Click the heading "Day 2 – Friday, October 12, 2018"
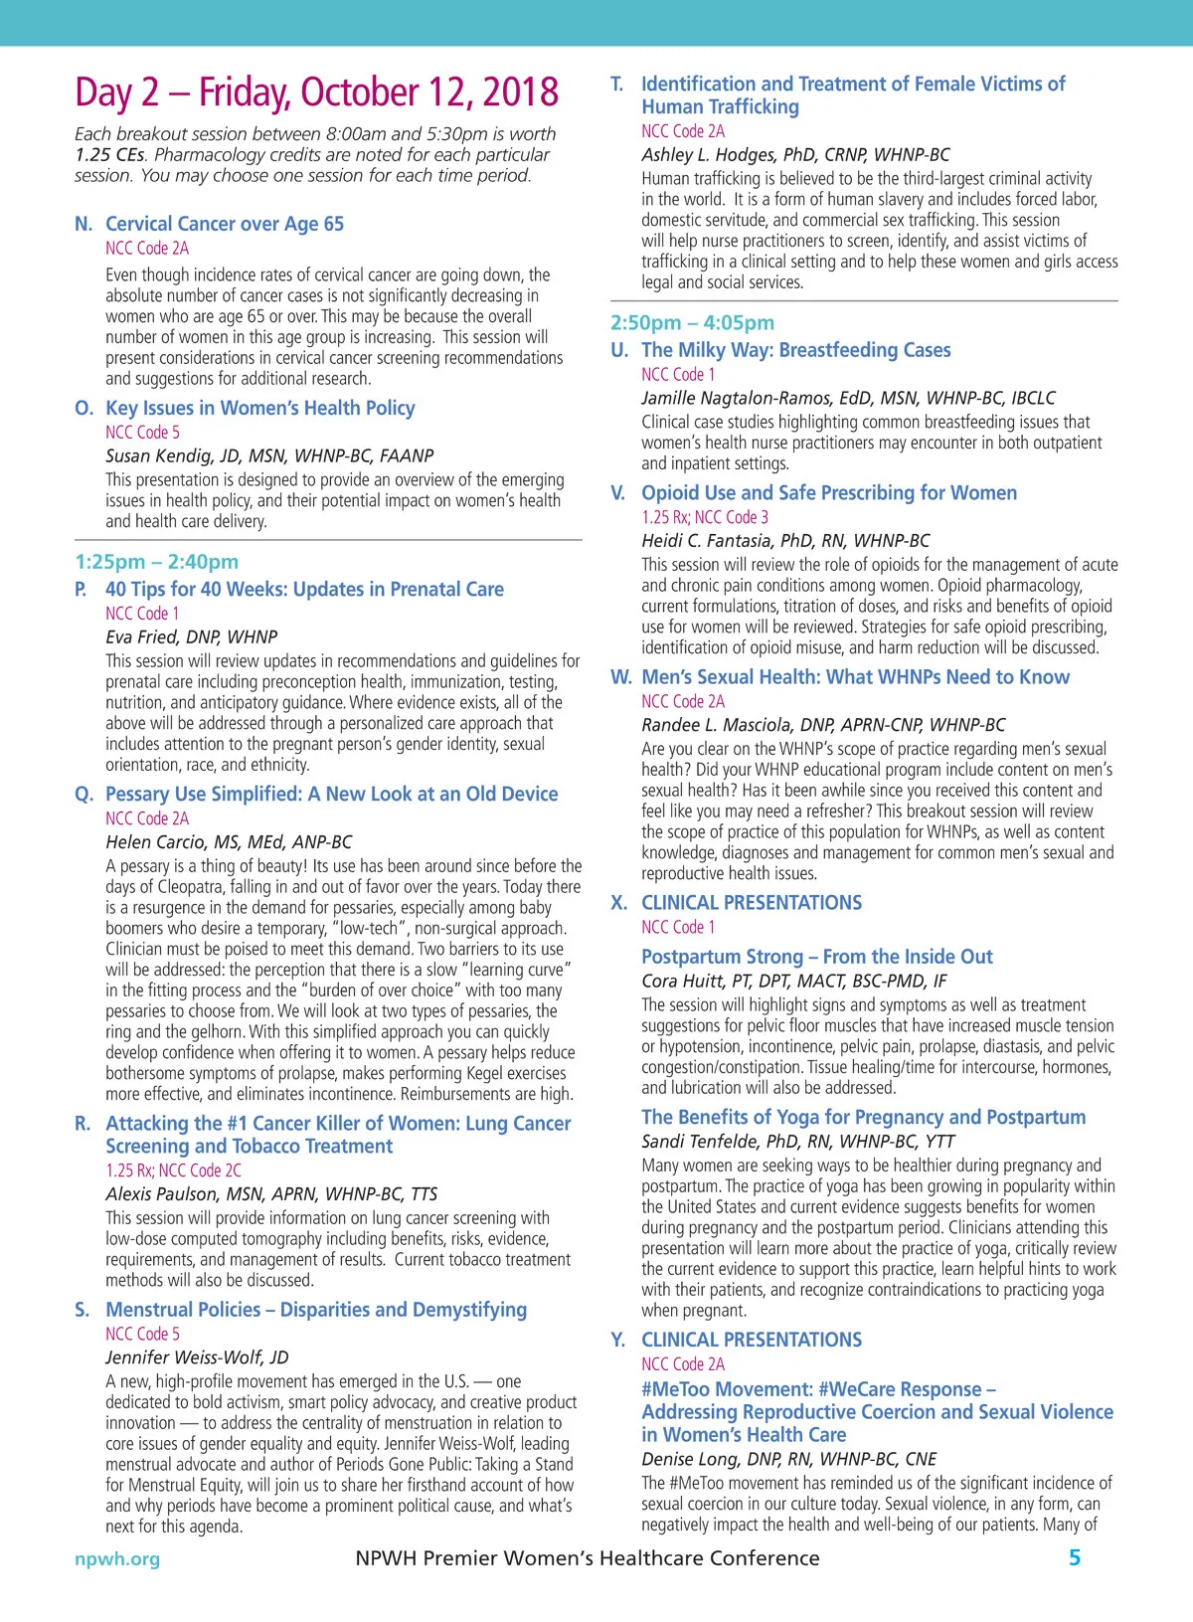[316, 92]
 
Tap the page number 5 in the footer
[1074, 1557]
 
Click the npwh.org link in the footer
[117, 1558]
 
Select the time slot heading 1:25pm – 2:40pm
[156, 562]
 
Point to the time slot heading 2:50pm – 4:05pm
[692, 323]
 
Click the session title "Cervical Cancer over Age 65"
[225, 224]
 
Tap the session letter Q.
[84, 794]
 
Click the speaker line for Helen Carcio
[229, 841]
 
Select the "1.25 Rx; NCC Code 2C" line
[174, 1171]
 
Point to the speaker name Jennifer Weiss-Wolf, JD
[197, 1357]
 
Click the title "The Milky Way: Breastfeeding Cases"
[795, 350]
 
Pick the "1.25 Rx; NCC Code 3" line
[705, 517]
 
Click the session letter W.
[620, 677]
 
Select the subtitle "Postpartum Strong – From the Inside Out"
[816, 957]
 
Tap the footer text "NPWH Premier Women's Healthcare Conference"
[588, 1558]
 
